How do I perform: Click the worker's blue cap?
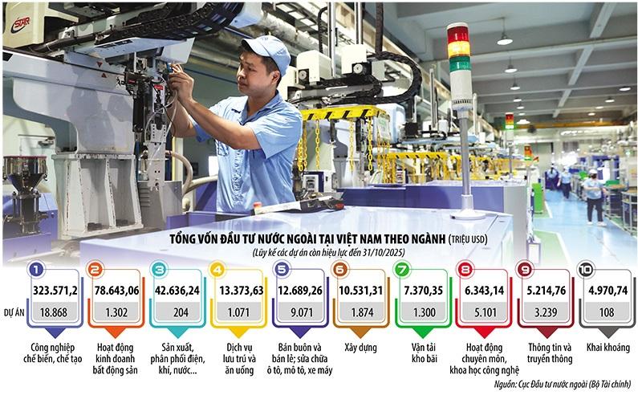click(266, 50)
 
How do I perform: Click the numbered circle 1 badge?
click(35, 271)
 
